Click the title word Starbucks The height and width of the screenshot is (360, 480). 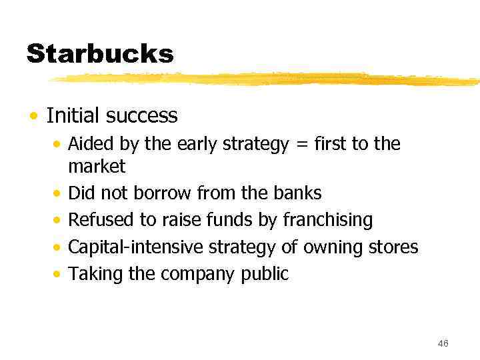tap(100, 53)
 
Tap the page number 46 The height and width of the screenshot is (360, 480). tap(443, 343)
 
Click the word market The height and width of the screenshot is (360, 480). tap(97, 165)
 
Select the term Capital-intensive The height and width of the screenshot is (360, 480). tap(137, 247)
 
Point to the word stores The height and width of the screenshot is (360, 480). tap(394, 247)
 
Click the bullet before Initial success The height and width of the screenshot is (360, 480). tap(33, 116)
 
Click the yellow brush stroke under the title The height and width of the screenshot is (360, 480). tap(267, 79)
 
